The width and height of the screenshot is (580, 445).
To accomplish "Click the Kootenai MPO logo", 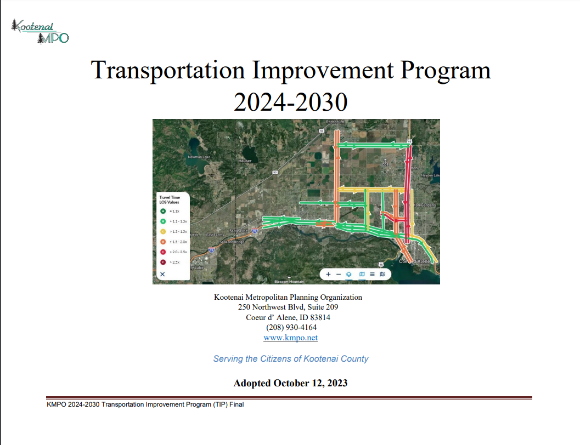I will tap(40, 32).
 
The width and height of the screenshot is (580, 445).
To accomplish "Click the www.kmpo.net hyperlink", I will tap(290, 338).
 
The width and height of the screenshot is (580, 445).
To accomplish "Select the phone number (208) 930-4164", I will tap(291, 327).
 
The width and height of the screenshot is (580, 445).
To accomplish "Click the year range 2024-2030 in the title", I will tap(290, 102).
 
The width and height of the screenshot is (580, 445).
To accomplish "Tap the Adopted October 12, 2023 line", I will tap(290, 383).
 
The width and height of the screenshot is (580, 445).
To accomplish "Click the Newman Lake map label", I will tap(199, 157).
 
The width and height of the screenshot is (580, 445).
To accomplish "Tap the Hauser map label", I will tap(245, 161).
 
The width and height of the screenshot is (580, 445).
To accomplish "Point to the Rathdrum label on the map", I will tap(334, 122).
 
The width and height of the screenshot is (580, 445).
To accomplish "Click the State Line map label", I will tap(239, 231).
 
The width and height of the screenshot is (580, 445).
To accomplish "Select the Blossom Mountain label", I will tap(289, 282).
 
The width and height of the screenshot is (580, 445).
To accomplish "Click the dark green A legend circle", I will tap(163, 211).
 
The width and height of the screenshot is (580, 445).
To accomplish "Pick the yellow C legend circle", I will tap(163, 231).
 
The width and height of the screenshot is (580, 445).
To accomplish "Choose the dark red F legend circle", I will tap(163, 262).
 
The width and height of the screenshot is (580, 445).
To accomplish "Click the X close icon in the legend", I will tap(162, 273).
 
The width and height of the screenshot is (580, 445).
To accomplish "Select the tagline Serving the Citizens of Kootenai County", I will tap(290, 359).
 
